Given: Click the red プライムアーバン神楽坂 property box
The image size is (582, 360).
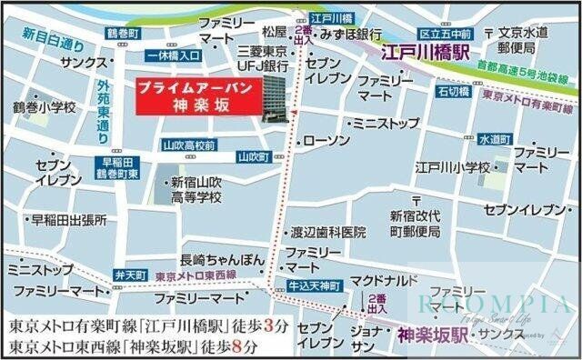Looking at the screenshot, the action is (191, 95).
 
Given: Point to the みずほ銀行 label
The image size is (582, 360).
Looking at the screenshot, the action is (351, 34).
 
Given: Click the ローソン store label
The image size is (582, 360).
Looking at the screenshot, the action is (326, 141).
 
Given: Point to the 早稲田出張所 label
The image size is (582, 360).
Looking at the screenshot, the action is (69, 220).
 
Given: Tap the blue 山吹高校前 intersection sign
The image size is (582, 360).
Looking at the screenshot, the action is (187, 145).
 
